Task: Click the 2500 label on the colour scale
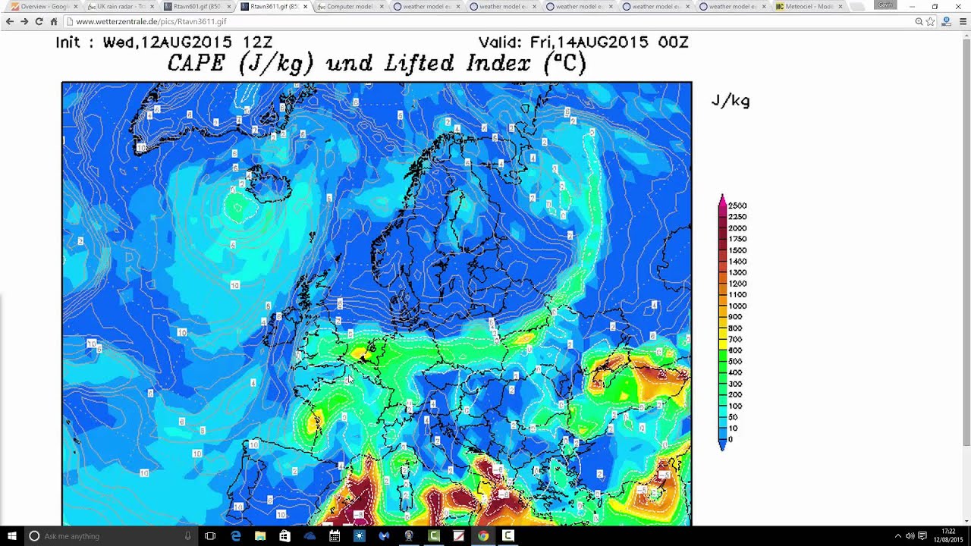pos(737,206)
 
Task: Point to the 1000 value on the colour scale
pos(737,306)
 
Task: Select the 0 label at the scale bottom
pos(731,440)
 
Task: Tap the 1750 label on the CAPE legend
pos(737,239)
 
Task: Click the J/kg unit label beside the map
pos(731,101)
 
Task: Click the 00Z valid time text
pos(673,42)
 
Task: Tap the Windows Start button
pos(12,536)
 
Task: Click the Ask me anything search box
pos(106,536)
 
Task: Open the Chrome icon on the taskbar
pos(482,536)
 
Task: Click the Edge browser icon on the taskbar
pos(235,536)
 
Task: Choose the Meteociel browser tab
pos(809,7)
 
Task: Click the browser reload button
pos(39,22)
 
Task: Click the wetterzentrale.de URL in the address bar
pos(151,22)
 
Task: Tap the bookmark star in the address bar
pos(931,22)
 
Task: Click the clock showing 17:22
pos(948,532)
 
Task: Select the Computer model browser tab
pos(349,7)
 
